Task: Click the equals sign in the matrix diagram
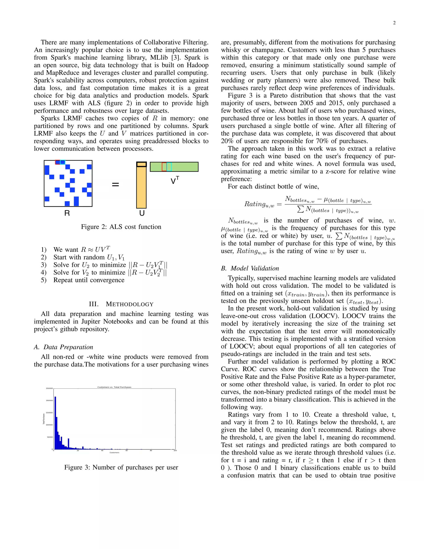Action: pyautogui.click(x=115, y=185)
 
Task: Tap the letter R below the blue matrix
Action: pyautogui.click(x=67, y=213)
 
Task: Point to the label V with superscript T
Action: pyautogui.click(x=175, y=180)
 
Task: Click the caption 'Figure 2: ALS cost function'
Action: pyautogui.click(x=121, y=227)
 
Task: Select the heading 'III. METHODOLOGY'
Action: pyautogui.click(x=121, y=304)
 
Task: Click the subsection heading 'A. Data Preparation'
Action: pyautogui.click(x=64, y=347)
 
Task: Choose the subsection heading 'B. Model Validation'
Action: pyautogui.click(x=250, y=268)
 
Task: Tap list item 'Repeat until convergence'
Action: pyautogui.click(x=89, y=280)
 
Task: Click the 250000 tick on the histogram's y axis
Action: pyautogui.click(x=49, y=388)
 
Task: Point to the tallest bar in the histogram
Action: pyautogui.click(x=55, y=422)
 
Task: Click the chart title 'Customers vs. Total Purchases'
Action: pyautogui.click(x=114, y=387)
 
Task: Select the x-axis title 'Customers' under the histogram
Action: pyautogui.click(x=114, y=453)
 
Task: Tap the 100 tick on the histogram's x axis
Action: pyautogui.click(x=175, y=450)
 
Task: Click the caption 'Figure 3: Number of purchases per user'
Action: pyautogui.click(x=121, y=467)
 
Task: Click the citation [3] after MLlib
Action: pyautogui.click(x=175, y=58)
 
